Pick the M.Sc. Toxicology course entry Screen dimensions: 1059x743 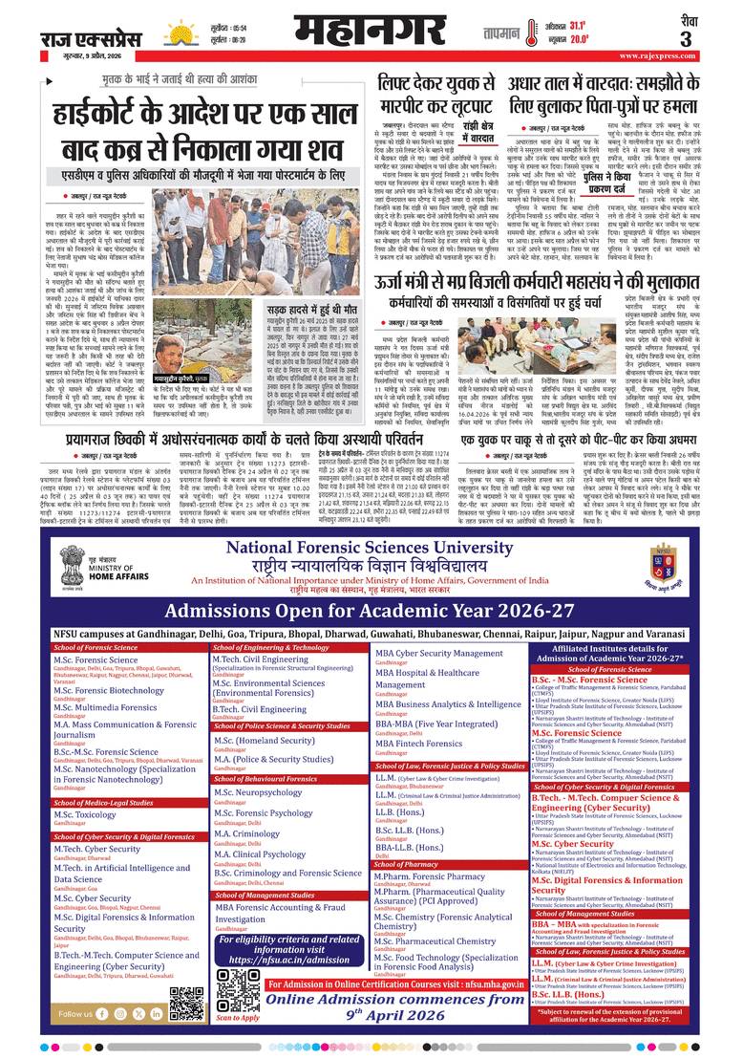point(84,813)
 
